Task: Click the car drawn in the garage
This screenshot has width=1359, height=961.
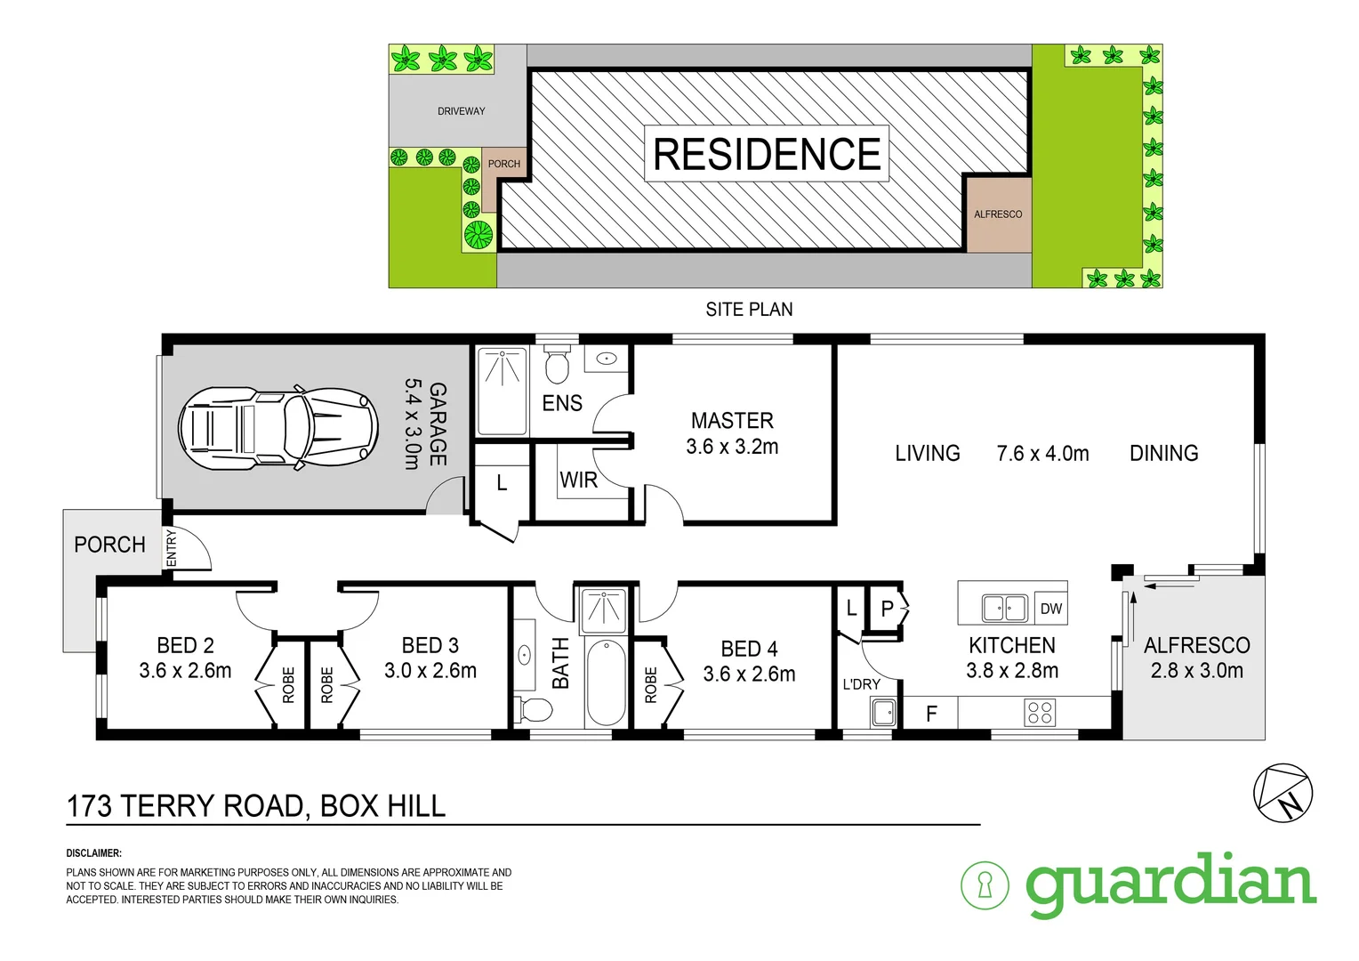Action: pos(276,428)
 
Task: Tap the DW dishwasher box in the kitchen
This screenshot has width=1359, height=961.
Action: pos(1050,609)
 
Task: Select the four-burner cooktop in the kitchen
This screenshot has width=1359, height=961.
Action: pos(1040,713)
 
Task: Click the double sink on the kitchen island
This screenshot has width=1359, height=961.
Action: pos(1004,609)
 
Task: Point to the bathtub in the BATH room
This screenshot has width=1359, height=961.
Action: pos(607,682)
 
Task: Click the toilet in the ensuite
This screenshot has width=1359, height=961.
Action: pos(557,366)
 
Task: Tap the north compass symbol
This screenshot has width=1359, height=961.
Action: pos(1283,793)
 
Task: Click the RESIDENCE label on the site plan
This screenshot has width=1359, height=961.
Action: pos(767,154)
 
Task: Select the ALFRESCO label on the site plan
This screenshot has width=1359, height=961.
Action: pos(998,214)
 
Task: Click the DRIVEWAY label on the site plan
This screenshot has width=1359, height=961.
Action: pos(461,111)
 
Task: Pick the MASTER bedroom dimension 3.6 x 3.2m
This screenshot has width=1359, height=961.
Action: pos(732,447)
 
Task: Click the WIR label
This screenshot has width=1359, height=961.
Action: pos(578,480)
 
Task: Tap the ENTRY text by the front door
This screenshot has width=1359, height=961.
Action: pos(172,547)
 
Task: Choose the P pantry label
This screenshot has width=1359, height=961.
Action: pos(887,610)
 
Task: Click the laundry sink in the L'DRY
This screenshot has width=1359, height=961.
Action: pos(882,713)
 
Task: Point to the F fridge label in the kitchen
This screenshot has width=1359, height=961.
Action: pos(931,714)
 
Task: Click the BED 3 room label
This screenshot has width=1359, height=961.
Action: pos(430,645)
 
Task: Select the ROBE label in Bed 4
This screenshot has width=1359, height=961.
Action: pos(650,685)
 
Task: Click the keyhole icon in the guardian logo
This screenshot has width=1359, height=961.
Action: pos(985,885)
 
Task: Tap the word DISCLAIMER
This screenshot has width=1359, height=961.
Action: pos(93,853)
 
